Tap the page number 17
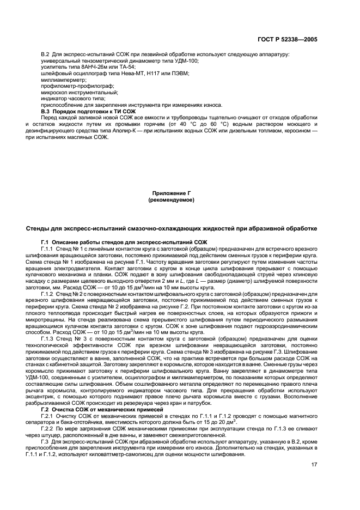(314, 464)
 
